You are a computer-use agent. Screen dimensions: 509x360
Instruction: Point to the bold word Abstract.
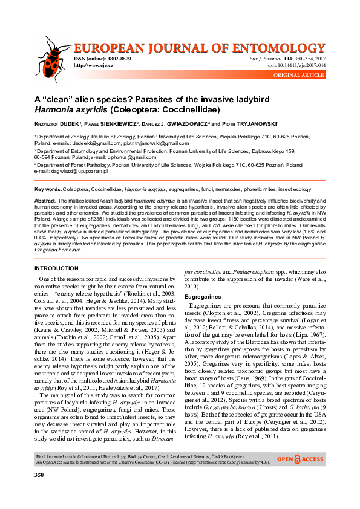(x=45, y=200)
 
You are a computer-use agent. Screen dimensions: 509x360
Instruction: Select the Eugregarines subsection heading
(x=202, y=297)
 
